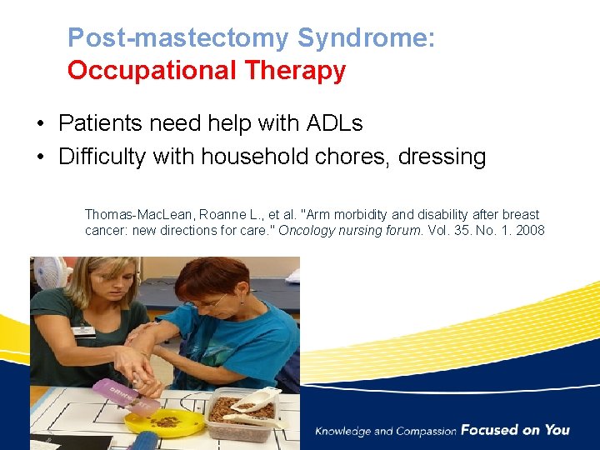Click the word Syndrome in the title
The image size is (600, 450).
[366, 38]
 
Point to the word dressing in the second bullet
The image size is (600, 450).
[442, 157]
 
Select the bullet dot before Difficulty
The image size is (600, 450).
[40, 157]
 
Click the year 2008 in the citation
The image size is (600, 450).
[529, 230]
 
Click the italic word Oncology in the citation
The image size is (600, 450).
[305, 230]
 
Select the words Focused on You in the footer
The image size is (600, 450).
[515, 430]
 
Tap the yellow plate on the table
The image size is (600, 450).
[163, 421]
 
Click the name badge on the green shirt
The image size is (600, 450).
[82, 331]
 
